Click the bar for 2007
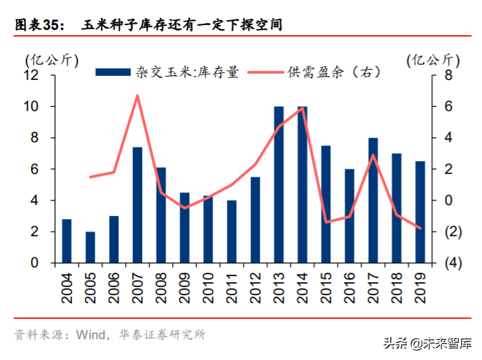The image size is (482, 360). [x=137, y=205]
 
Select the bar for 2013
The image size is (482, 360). [x=279, y=185]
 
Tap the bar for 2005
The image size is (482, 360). [x=90, y=247]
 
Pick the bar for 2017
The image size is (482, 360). [x=373, y=200]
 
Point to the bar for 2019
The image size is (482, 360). [x=420, y=212]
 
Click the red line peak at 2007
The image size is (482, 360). [x=137, y=95]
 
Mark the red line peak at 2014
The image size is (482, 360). [x=302, y=108]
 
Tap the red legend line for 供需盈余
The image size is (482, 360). [x=265, y=72]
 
